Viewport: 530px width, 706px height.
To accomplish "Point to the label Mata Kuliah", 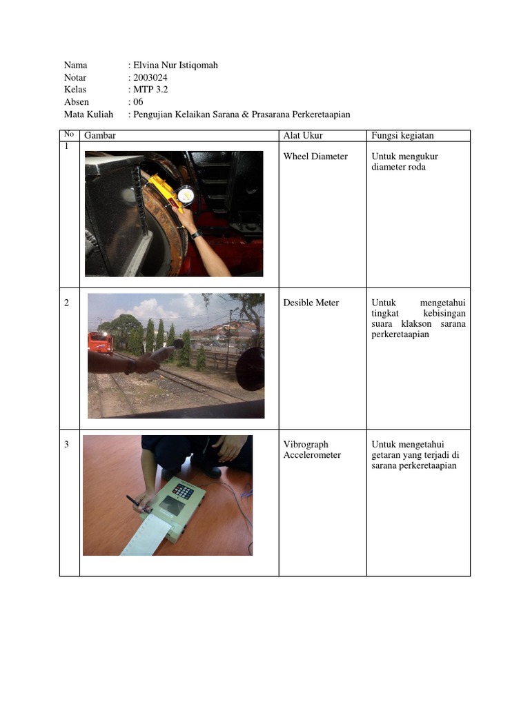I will coord(88,114).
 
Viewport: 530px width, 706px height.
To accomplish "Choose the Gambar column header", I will coord(100,136).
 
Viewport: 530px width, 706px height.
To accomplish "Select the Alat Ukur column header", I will coord(303,136).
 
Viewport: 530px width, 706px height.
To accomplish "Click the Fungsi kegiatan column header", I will coord(402,136).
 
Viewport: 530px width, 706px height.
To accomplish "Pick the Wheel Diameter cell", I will coord(315,157).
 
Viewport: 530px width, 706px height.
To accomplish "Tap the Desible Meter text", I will coord(311,303).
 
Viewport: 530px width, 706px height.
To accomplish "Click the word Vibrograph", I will coord(306,445).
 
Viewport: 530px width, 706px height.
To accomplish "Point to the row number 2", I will coord(67,303).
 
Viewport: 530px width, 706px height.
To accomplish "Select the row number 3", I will coord(67,445).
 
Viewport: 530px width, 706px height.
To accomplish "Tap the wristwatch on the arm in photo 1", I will coord(196,234).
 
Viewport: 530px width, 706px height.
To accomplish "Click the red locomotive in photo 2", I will coord(101,342).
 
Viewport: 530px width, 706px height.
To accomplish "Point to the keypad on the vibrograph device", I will coord(183,491).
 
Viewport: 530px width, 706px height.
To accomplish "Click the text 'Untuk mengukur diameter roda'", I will coord(404,162).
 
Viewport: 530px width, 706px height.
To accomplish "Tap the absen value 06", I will coord(138,102).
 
